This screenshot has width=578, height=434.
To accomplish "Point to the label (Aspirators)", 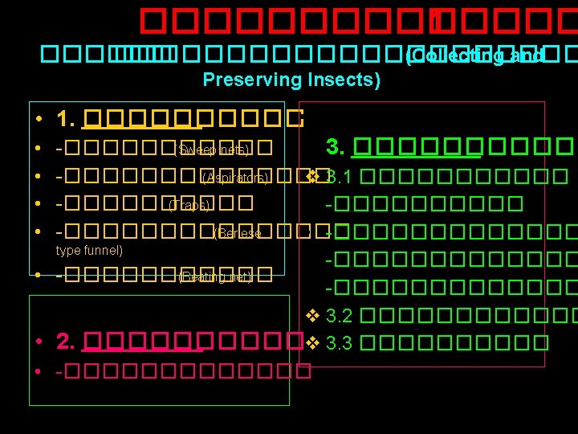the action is point(234,177).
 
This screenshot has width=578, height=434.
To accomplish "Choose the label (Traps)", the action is point(189,205).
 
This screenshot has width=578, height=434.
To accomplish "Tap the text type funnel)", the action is point(89,251).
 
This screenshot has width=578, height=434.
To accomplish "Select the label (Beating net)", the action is point(216,277).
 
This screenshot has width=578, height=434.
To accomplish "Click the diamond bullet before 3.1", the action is point(313,176).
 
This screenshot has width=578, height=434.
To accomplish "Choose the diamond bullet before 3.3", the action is point(313,342).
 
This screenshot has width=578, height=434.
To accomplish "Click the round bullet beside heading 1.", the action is point(39,121).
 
